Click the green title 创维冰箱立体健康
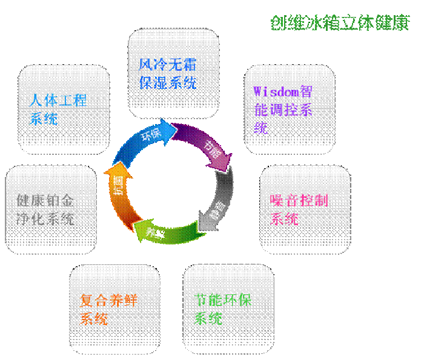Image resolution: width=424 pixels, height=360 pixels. click(x=339, y=23)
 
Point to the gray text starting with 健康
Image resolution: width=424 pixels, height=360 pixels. click(x=45, y=209)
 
